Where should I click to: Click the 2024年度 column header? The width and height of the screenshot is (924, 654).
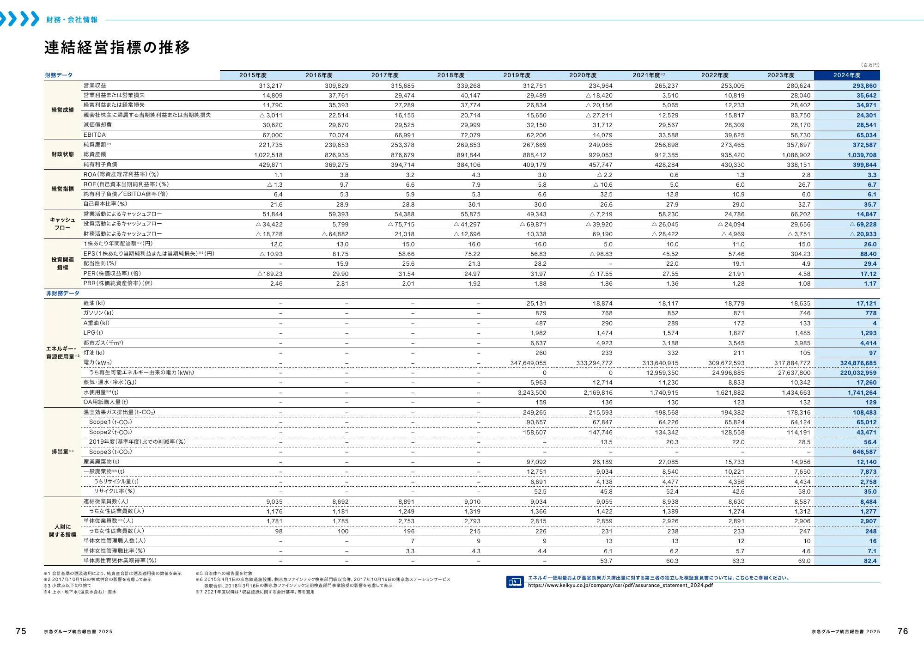point(846,75)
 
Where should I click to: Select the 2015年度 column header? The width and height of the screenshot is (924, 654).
point(253,75)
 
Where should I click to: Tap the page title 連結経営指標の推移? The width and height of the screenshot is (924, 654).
point(117,48)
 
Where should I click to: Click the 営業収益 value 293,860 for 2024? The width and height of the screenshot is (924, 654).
point(864,86)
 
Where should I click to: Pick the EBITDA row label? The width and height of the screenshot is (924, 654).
point(95,135)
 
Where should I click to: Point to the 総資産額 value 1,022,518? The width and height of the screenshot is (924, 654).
point(268,155)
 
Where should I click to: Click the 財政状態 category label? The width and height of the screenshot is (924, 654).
point(62,154)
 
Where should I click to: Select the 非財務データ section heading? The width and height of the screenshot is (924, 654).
point(62,293)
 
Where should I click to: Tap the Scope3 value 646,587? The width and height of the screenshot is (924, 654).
point(864,452)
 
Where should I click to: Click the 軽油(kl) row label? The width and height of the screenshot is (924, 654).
point(94,303)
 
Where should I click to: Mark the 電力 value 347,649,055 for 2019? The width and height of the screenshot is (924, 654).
point(528,363)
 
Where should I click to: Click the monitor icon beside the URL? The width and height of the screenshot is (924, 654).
point(515,582)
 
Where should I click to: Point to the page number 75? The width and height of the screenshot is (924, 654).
point(21,631)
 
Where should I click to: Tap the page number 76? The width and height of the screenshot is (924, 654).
point(902,631)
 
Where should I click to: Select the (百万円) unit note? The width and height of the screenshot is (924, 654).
point(870,65)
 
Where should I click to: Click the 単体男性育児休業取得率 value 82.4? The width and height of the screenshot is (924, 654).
point(870,561)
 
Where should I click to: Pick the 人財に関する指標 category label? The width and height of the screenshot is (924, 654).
point(62,531)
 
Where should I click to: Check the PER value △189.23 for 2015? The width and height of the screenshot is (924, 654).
point(270,274)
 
